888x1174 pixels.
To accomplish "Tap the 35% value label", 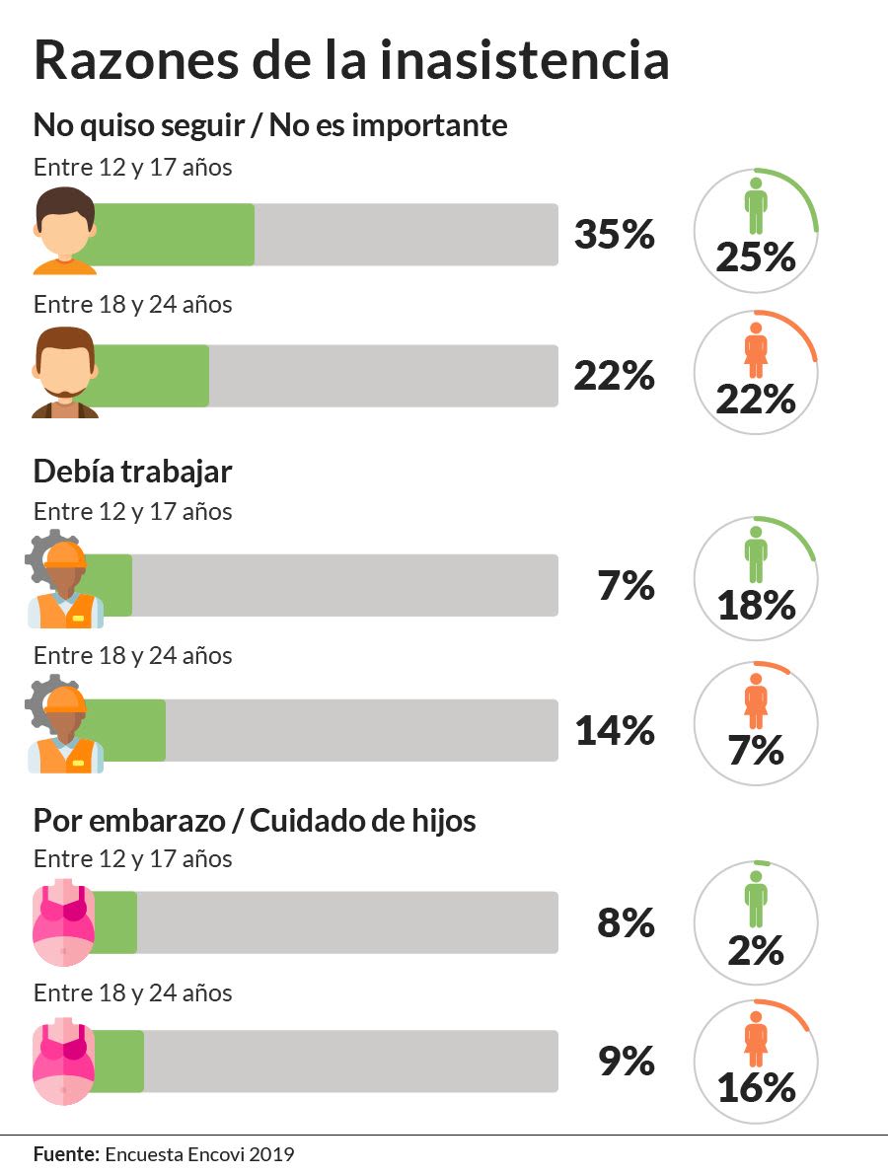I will coord(615,236).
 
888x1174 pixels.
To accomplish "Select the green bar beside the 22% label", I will coord(153,376).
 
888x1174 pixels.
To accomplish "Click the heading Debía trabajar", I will coord(132,472).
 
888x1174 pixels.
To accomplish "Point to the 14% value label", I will coord(615,731).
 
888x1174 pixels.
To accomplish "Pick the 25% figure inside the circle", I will coord(756,258).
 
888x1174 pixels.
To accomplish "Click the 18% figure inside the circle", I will coord(756,605).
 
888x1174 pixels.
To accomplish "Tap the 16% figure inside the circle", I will coord(756,1088).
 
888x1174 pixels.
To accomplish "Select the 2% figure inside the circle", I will coord(756,951).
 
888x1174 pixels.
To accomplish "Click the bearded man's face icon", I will coord(65,373).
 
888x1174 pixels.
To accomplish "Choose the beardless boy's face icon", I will coord(65,231).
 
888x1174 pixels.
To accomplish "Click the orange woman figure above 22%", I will coord(756,350).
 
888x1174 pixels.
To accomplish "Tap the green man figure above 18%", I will coord(756,554).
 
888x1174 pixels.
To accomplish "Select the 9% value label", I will coord(627,1062).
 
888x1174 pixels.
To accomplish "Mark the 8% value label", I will coord(627,923).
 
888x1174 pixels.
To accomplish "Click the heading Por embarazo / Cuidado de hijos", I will coord(255,820).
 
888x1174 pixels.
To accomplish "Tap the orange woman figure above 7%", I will coord(756,700).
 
